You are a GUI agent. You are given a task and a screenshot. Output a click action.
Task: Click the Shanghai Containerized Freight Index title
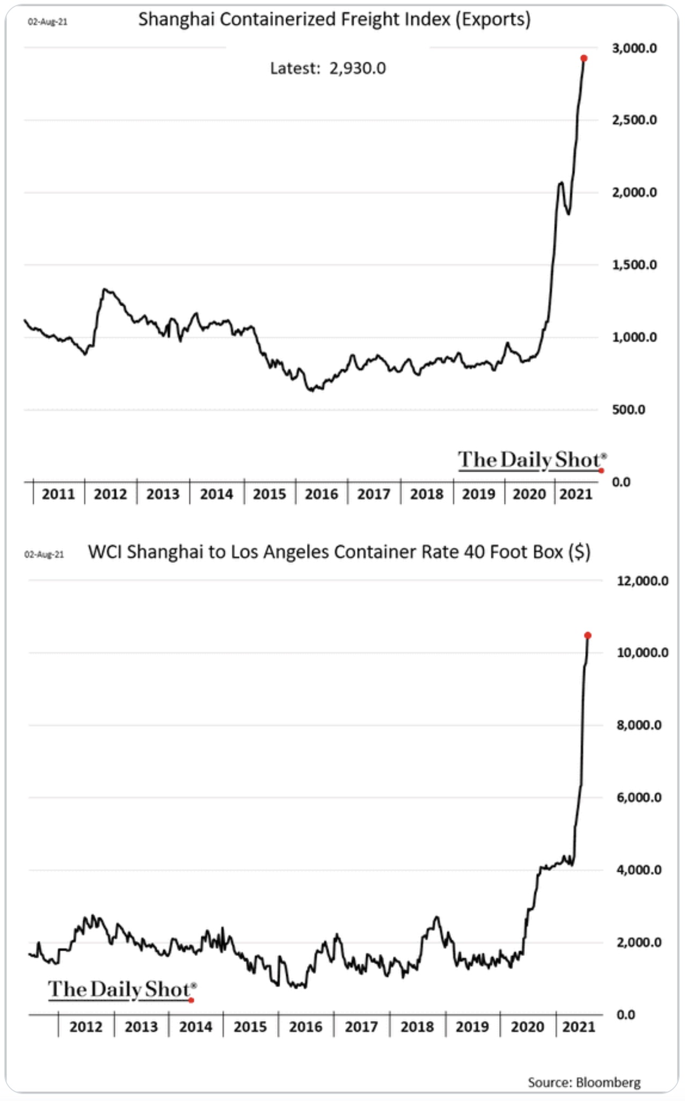pos(334,20)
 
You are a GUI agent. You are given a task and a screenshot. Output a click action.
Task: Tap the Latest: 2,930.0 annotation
pos(327,69)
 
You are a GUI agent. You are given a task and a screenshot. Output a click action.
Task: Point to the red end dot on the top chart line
pos(584,59)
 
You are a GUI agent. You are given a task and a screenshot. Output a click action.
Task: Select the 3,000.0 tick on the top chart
pos(634,48)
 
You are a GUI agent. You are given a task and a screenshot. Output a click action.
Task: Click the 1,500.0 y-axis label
pos(634,265)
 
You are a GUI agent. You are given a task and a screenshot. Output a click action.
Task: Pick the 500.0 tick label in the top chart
pos(628,410)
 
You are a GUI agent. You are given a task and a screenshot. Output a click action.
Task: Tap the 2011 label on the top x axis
pos(58,494)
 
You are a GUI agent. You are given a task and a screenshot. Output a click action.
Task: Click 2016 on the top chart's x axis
pos(321,494)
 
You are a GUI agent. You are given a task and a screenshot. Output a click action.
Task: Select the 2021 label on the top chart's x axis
pos(575,494)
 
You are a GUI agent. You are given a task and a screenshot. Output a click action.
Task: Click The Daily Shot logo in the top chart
pos(531,460)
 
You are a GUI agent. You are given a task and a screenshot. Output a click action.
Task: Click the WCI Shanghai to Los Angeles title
pos(339,552)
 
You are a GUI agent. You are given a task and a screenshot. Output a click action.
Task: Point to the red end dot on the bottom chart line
pos(588,635)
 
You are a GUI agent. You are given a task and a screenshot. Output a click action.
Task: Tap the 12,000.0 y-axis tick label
pos(642,581)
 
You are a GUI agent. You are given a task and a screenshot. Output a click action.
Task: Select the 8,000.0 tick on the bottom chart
pos(638,726)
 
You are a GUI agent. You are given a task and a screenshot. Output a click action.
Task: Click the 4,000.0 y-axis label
pos(638,870)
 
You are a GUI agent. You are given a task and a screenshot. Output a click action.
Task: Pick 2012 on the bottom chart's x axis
pos(86,1027)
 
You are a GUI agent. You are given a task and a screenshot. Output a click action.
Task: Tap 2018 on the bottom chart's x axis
pos(417,1027)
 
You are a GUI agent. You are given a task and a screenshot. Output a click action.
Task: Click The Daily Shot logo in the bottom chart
pos(122,989)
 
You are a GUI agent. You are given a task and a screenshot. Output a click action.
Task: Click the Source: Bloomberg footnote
pos(584,1082)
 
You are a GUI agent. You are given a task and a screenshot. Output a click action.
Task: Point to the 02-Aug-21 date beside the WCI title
pos(44,554)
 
